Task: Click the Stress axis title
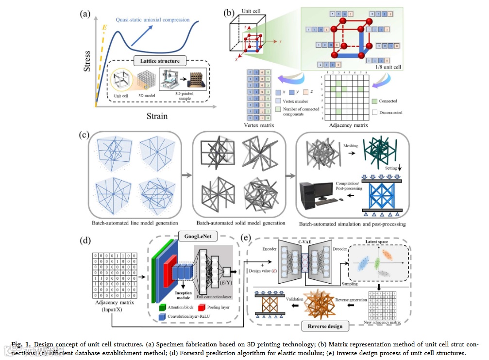coord(87,61)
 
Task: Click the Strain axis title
coord(156,116)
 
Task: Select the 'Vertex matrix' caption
coord(261,125)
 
